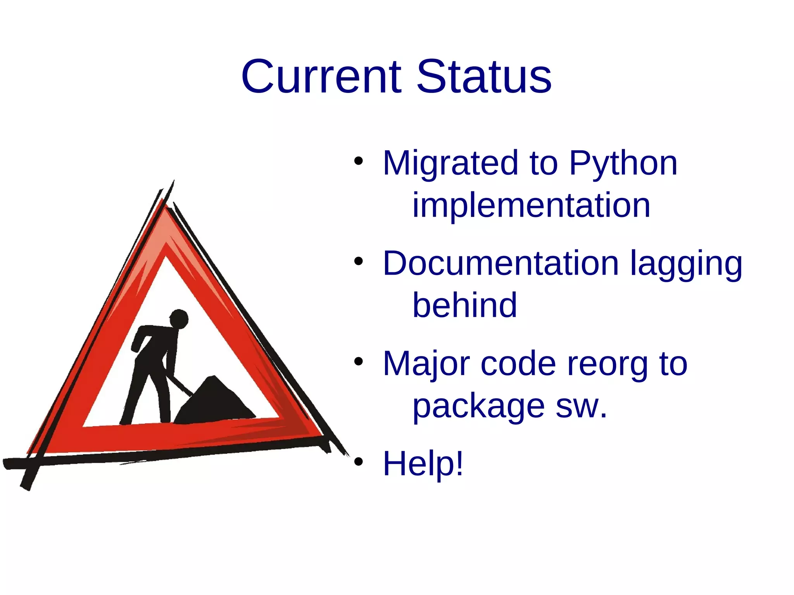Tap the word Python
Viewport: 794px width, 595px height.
623,164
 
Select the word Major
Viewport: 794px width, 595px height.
426,364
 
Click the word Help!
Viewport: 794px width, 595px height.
423,464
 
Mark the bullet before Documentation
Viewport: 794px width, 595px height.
358,261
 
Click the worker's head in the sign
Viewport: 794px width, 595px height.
179,319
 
